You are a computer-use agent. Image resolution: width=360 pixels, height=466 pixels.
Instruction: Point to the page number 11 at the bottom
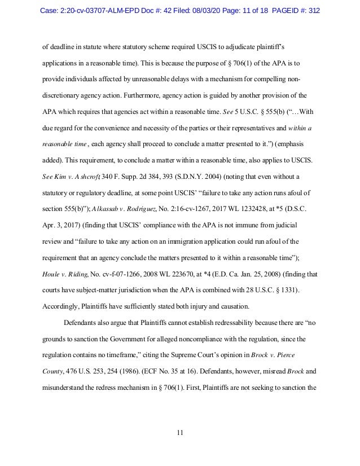[180, 432]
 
